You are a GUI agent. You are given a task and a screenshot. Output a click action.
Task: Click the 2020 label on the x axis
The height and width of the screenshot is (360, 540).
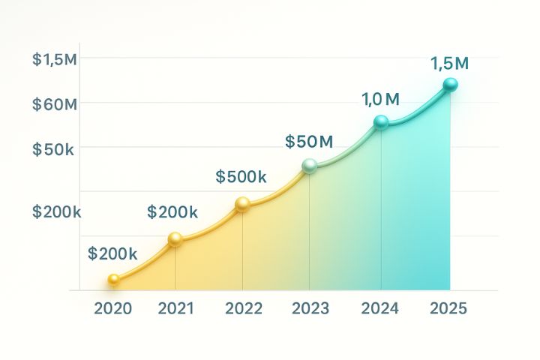(113, 309)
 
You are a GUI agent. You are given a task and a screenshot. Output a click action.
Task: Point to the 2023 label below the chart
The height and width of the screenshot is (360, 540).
(310, 309)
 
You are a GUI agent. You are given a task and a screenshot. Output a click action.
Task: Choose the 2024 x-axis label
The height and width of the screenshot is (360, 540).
(380, 309)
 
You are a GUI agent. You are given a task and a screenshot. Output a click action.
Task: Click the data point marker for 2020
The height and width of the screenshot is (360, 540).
(113, 280)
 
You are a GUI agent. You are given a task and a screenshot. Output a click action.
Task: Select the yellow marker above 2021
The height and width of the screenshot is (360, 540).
(175, 239)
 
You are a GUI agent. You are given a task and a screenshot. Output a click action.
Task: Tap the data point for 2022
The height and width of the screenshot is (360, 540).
(242, 204)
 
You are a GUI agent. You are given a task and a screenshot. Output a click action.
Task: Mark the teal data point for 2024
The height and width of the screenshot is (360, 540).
(381, 121)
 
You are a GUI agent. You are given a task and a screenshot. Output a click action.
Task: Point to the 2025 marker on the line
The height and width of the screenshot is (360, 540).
(450, 85)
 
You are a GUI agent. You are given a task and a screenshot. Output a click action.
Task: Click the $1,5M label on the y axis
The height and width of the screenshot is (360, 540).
(55, 61)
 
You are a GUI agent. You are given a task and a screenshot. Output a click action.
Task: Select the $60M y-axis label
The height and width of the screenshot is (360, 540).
(55, 104)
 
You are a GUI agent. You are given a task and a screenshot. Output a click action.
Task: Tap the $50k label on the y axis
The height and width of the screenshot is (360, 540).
(53, 148)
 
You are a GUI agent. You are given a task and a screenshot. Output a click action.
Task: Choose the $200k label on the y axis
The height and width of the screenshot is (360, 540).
(56, 212)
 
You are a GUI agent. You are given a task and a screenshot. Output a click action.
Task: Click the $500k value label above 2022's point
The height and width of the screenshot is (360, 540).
(241, 177)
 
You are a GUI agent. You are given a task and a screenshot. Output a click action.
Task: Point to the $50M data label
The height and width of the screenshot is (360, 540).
(309, 141)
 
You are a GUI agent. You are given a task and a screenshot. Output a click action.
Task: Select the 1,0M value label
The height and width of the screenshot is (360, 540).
(380, 99)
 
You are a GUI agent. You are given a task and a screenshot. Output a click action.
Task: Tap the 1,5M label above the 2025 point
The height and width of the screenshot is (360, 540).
(449, 64)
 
